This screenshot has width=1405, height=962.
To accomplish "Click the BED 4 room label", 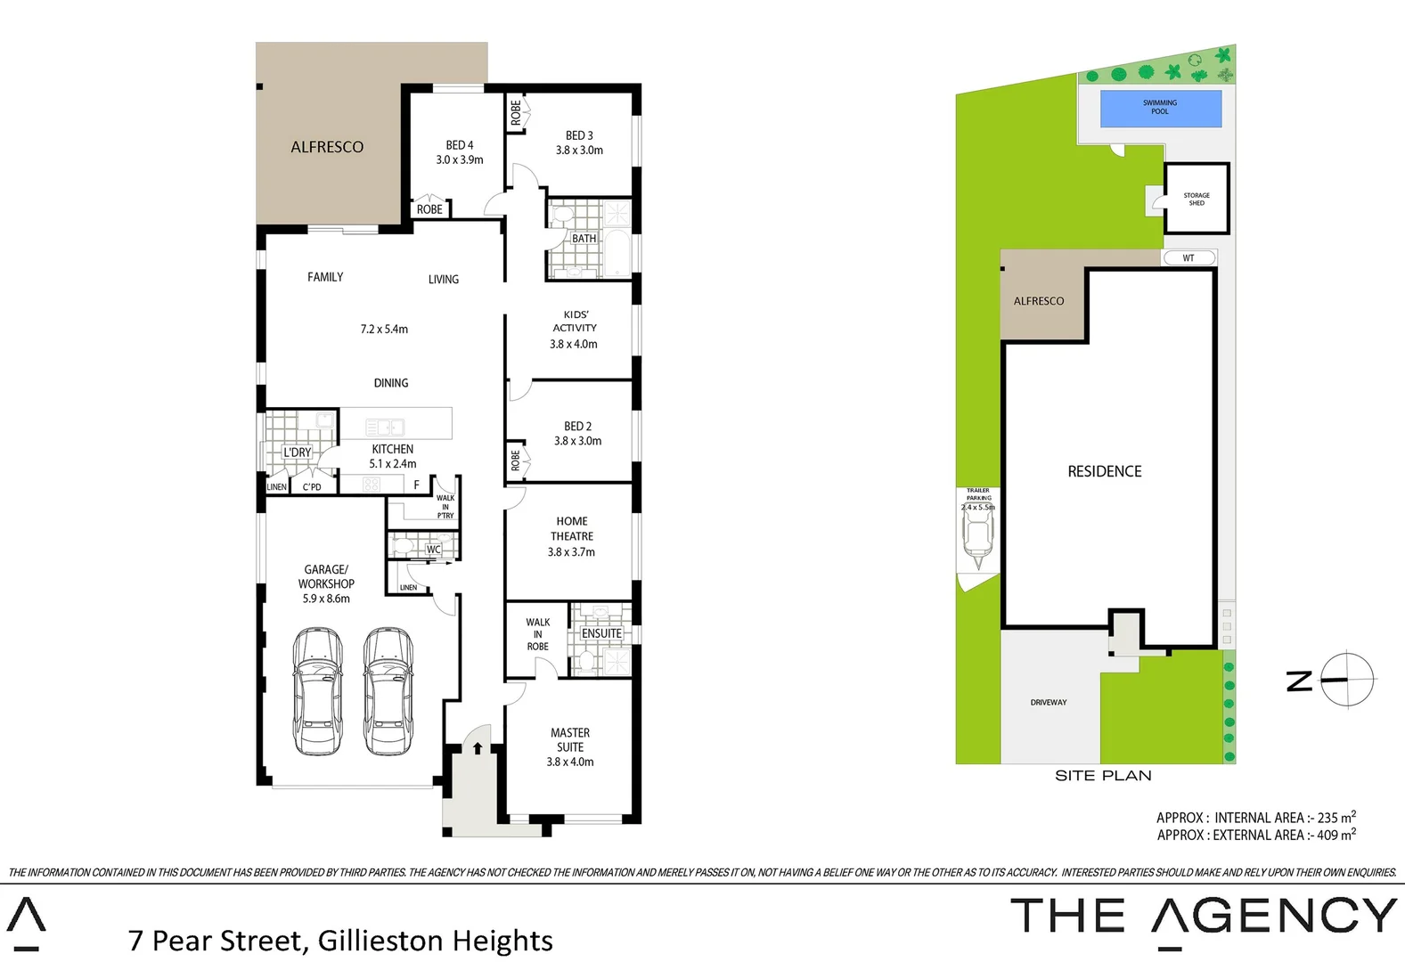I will [460, 145].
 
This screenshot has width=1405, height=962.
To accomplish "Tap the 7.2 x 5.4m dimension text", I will [384, 330].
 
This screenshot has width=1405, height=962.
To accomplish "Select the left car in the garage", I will [318, 691].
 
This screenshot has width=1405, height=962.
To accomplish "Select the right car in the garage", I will [388, 691].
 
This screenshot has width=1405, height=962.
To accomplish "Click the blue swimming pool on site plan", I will [1160, 109].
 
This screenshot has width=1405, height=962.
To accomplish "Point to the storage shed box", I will [1197, 199].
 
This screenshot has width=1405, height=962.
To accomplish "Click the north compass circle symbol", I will [1347, 680].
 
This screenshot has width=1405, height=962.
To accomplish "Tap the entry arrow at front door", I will [478, 747].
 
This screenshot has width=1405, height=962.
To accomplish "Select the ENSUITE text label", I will [601, 634].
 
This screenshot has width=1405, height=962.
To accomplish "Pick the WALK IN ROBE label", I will [537, 634].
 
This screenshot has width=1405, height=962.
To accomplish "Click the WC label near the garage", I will [433, 550].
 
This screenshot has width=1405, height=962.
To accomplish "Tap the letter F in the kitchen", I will [416, 485].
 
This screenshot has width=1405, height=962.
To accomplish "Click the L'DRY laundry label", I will [298, 452].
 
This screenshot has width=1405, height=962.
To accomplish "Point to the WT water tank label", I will [1189, 258].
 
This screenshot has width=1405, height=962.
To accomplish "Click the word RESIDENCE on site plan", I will [1105, 471].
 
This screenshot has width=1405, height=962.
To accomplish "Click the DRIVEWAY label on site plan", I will [1049, 703].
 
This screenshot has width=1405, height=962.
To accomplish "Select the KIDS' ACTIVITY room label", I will [576, 321].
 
